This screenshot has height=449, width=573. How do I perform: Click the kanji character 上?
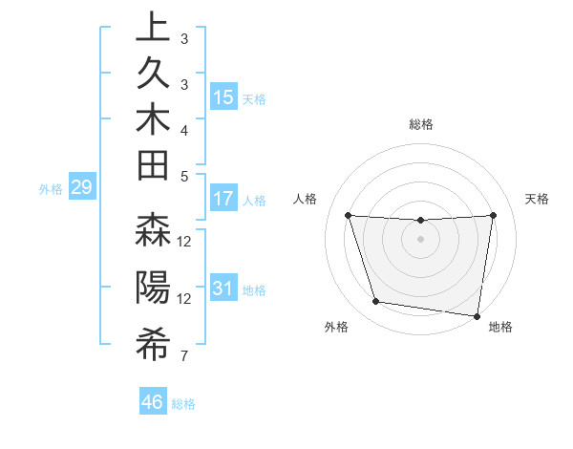153,28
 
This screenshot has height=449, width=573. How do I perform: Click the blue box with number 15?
223,97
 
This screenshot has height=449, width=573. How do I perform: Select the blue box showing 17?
223,200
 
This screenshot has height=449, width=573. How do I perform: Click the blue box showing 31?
223,289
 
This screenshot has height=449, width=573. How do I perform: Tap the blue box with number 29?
81,187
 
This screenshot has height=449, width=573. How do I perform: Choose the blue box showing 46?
153,402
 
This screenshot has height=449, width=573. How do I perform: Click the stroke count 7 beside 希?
184,356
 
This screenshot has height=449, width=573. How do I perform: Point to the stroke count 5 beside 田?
184,175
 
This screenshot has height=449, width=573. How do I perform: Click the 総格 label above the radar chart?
420,124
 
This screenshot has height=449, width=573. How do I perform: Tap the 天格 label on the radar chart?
538,199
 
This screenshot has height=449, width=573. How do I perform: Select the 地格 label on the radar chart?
500,328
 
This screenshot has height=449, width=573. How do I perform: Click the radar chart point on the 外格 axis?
376,302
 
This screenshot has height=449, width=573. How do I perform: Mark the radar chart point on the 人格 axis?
348,216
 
